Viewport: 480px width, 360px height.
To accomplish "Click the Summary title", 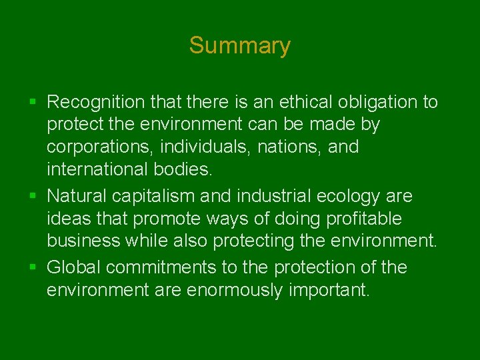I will [x=239, y=45].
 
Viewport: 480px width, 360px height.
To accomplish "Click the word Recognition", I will [x=96, y=102].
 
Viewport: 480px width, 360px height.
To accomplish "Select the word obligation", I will [x=371, y=102].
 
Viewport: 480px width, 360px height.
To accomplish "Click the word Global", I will [x=74, y=268].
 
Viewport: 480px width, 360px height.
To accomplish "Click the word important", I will [x=328, y=291].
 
